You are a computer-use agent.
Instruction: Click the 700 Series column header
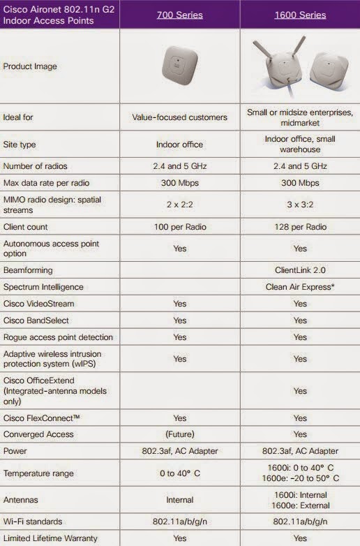(179, 14)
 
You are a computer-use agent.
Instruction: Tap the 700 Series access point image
(179, 66)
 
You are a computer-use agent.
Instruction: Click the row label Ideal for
(18, 117)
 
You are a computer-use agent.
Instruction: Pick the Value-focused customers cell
(179, 117)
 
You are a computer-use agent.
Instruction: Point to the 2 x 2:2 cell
(179, 207)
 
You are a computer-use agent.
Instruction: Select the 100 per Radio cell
(179, 227)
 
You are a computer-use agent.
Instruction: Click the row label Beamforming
(28, 270)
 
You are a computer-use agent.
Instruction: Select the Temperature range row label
(38, 473)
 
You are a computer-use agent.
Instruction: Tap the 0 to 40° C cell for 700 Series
(179, 473)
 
